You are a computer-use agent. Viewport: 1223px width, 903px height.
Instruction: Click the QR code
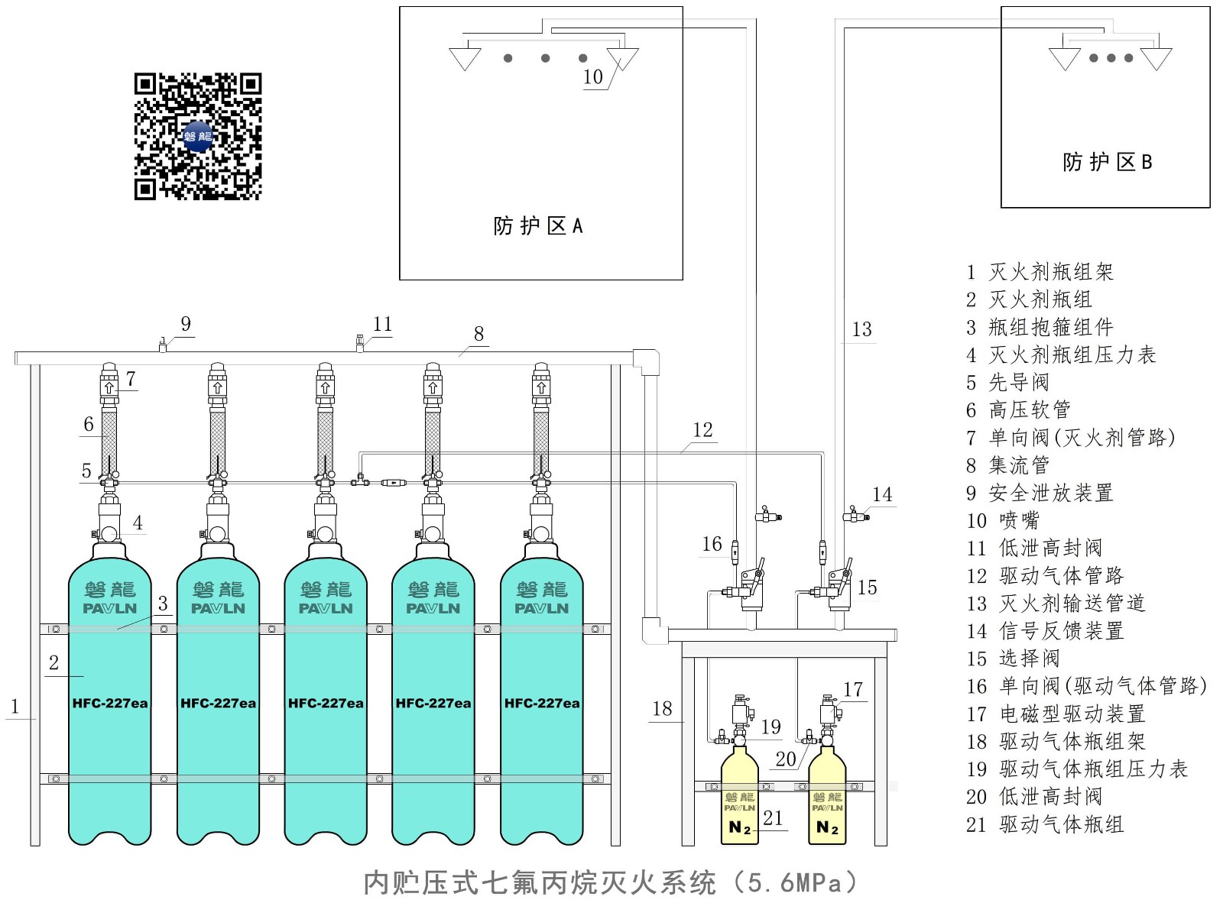point(198,137)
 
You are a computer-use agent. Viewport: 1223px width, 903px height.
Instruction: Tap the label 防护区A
point(538,226)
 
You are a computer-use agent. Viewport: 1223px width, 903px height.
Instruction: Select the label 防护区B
point(1107,162)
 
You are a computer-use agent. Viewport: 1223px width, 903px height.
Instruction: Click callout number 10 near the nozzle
point(593,77)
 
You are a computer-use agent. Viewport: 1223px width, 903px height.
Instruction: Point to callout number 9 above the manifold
point(186,324)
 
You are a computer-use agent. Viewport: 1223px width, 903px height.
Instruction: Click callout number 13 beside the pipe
point(861,329)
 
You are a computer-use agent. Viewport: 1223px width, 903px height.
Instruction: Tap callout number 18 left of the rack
point(662,709)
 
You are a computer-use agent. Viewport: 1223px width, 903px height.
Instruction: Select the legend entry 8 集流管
point(1007,465)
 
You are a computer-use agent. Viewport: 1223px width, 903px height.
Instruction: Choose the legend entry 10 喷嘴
point(1002,521)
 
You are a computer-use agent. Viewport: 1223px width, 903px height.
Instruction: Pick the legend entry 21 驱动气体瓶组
point(1044,824)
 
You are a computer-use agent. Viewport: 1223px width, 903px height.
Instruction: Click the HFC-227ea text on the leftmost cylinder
point(110,704)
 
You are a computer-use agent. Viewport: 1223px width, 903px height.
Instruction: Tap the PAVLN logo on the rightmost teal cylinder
point(541,609)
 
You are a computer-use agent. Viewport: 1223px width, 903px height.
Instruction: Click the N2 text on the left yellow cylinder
point(740,827)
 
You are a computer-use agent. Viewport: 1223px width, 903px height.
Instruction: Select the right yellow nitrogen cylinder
point(827,802)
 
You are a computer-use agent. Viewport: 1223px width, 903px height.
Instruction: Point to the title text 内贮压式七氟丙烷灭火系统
point(540,883)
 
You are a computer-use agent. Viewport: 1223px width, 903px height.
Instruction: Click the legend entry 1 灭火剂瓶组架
point(1040,272)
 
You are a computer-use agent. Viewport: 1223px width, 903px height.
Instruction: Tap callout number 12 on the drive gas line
point(702,430)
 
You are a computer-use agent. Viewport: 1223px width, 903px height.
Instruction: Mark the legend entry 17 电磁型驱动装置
point(1056,714)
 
